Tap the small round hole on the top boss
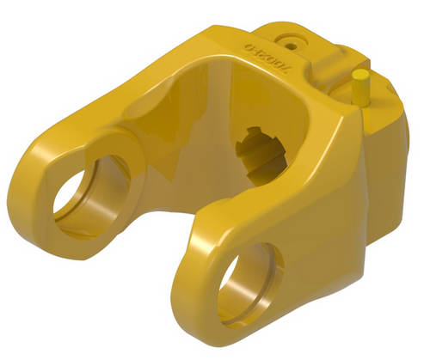pos(289,40)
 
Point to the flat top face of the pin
pos(359,75)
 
